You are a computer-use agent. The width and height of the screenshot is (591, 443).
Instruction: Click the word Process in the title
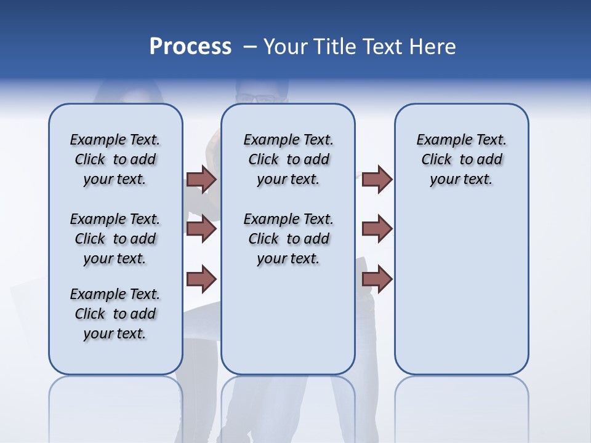click(190, 46)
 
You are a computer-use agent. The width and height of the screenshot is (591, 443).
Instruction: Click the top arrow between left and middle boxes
click(201, 180)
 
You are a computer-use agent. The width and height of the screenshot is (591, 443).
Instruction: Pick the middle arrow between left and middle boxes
click(201, 229)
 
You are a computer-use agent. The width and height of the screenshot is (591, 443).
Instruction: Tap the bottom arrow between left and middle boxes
click(201, 279)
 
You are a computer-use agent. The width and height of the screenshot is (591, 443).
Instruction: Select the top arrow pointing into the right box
click(377, 180)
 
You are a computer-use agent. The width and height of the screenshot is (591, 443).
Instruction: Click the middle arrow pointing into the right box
click(377, 229)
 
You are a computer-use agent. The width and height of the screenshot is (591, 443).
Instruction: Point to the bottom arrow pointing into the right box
click(377, 279)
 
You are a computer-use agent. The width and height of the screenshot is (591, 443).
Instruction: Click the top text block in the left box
click(115, 159)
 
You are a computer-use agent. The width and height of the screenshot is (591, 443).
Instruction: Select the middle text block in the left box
click(115, 239)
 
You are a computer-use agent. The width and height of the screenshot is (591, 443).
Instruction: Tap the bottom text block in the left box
click(115, 314)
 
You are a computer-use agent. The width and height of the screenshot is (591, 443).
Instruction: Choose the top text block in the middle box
click(288, 159)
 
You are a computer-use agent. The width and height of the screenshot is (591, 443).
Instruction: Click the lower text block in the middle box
click(288, 239)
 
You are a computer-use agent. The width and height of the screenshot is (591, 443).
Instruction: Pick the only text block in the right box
click(461, 159)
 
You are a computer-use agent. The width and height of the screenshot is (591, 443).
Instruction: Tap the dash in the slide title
click(250, 47)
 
